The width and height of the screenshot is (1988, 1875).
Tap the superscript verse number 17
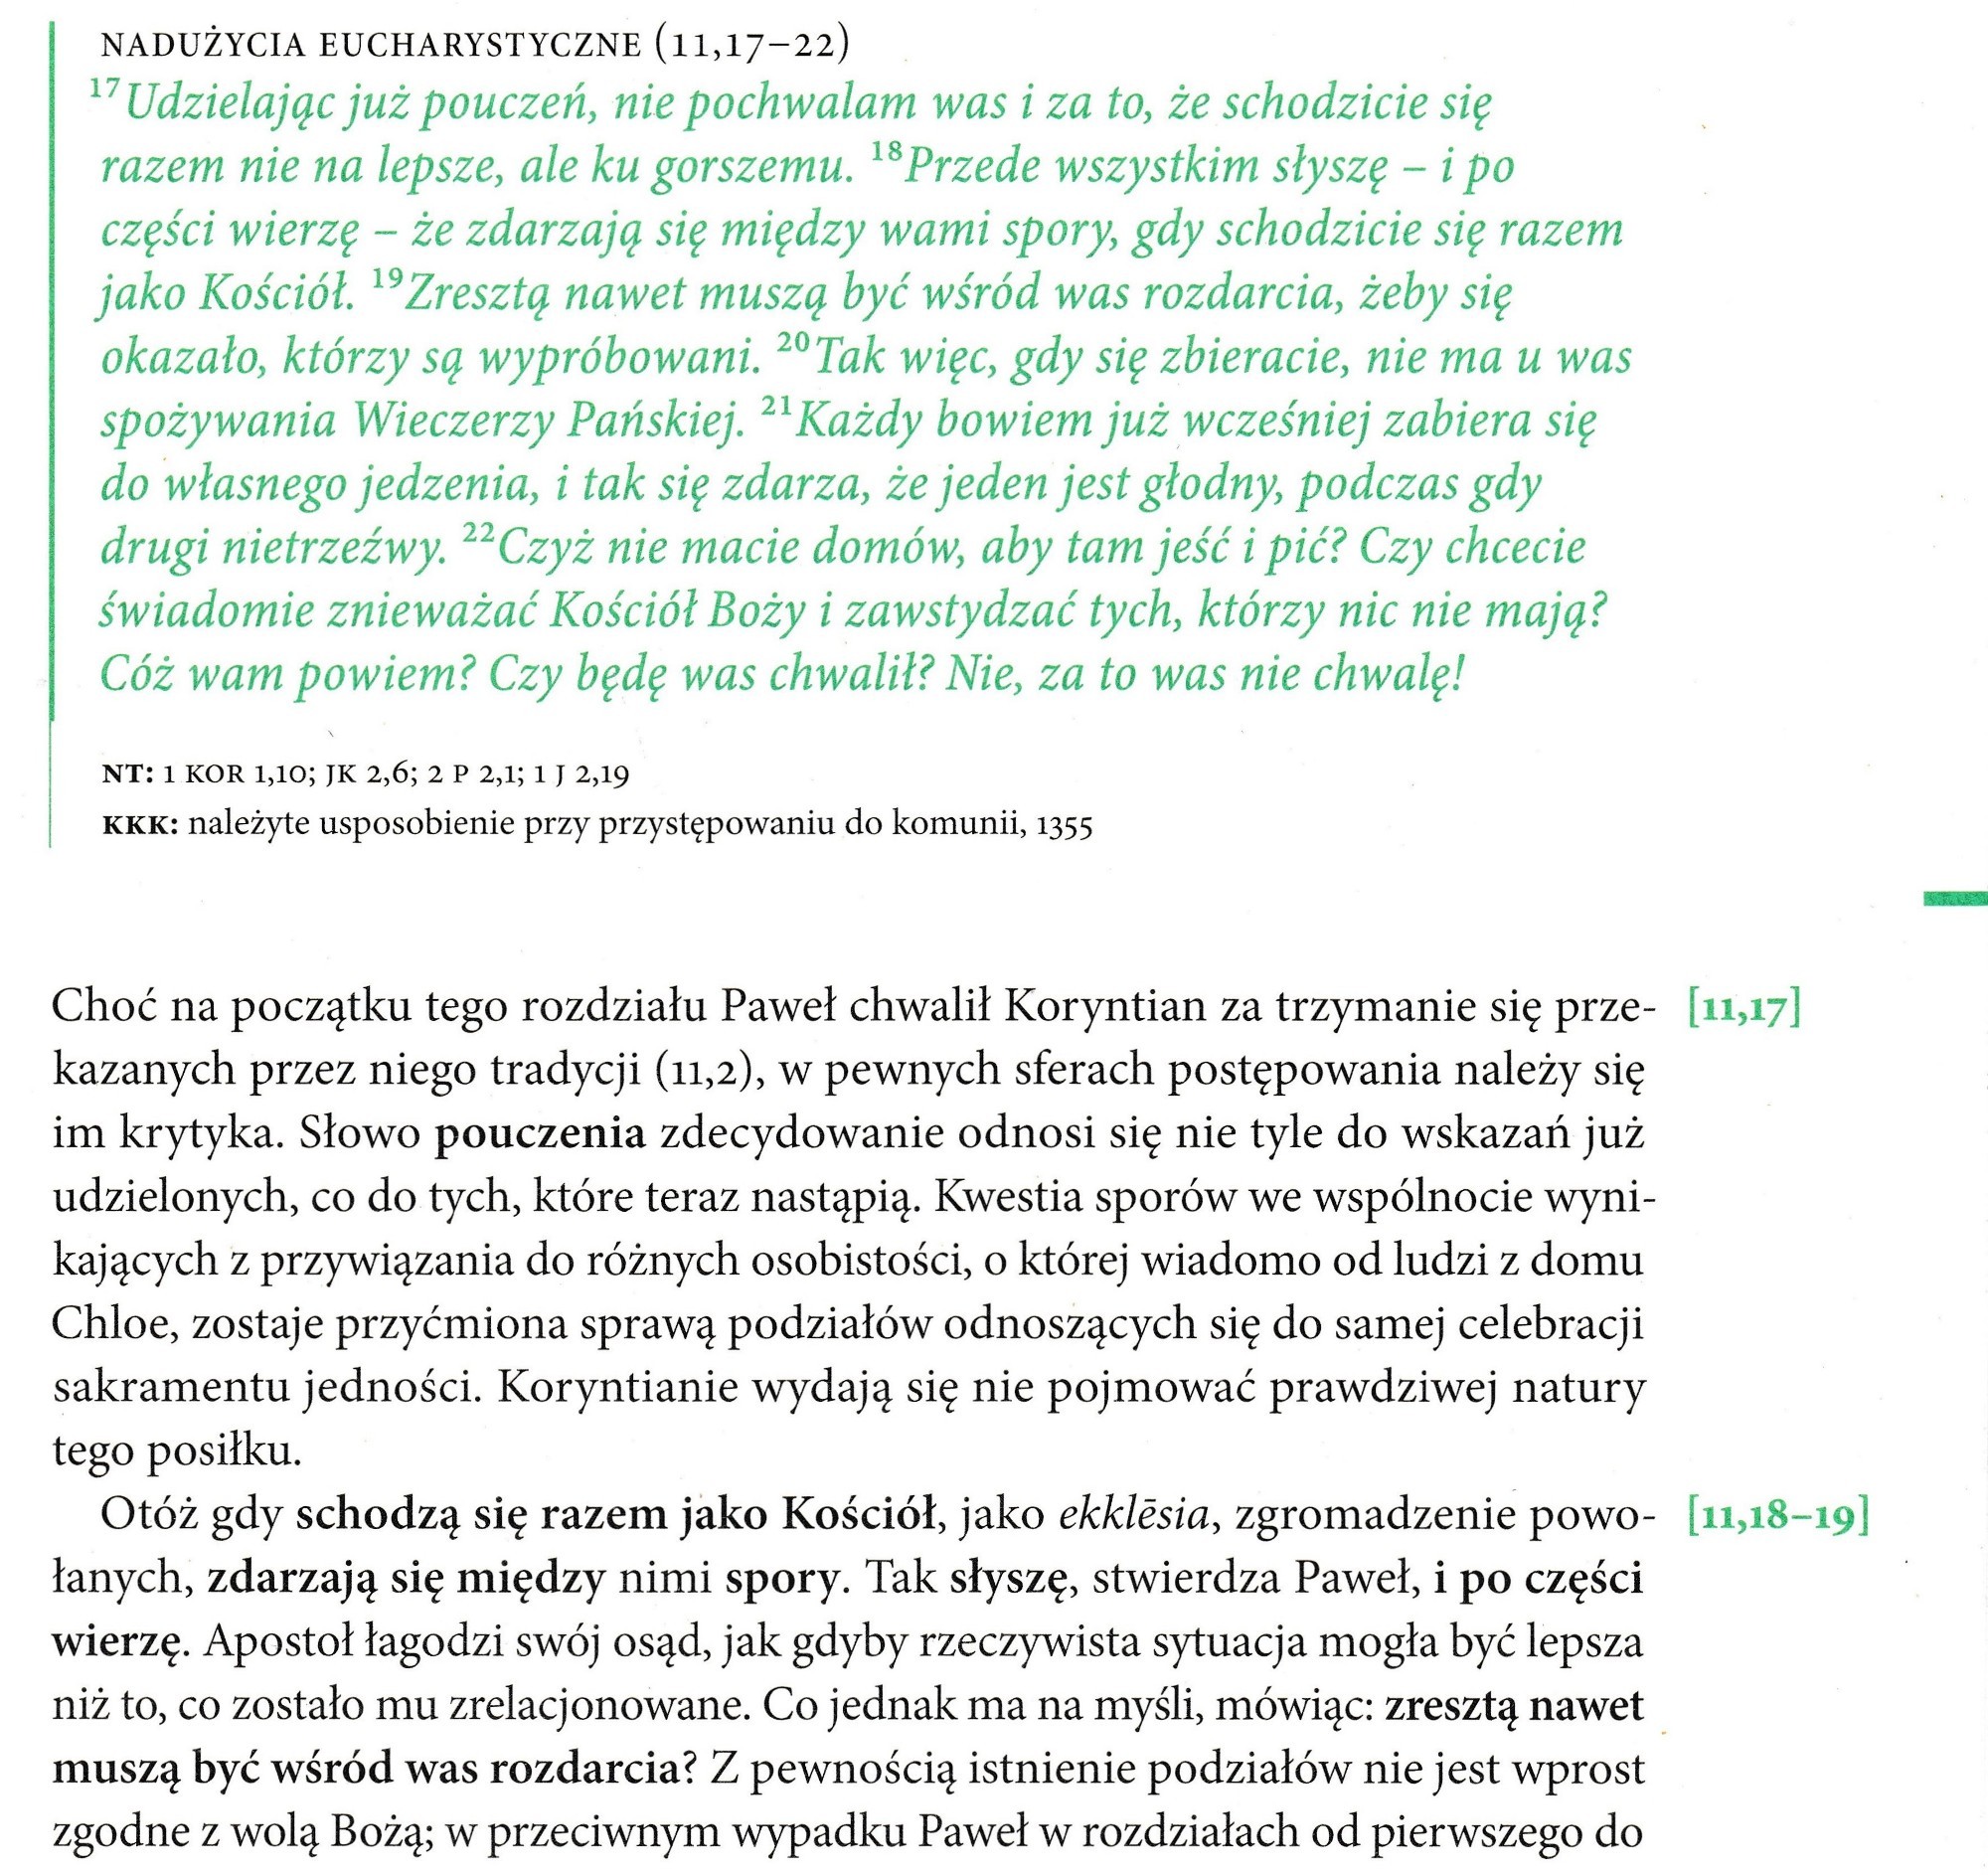(x=104, y=90)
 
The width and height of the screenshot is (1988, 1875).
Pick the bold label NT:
(x=127, y=773)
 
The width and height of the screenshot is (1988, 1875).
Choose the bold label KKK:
(x=139, y=825)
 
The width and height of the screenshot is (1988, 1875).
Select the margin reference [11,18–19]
(x=1776, y=1516)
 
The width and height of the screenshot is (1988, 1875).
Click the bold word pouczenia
(x=541, y=1134)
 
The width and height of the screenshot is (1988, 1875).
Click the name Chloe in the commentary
(x=113, y=1324)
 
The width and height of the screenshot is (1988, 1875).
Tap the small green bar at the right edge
(x=1955, y=899)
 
